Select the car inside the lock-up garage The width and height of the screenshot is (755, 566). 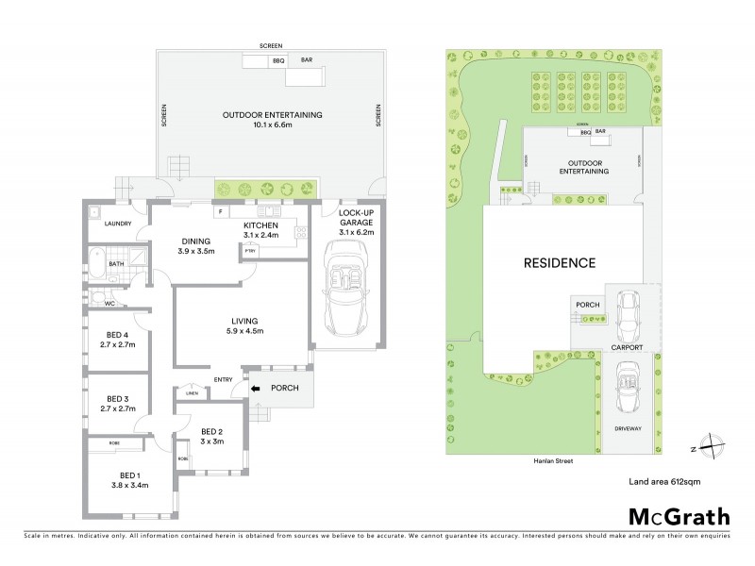(x=344, y=284)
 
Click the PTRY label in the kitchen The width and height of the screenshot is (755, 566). (x=250, y=251)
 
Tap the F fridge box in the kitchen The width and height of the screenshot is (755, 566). (x=219, y=211)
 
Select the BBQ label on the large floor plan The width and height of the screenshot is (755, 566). (x=277, y=61)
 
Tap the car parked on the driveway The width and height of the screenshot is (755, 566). (x=624, y=386)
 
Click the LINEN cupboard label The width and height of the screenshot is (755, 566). (x=192, y=394)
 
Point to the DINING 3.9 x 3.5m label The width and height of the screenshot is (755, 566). (x=197, y=246)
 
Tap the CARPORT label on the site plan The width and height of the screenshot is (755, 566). (x=627, y=347)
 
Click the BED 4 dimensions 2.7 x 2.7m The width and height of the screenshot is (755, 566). (x=121, y=345)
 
